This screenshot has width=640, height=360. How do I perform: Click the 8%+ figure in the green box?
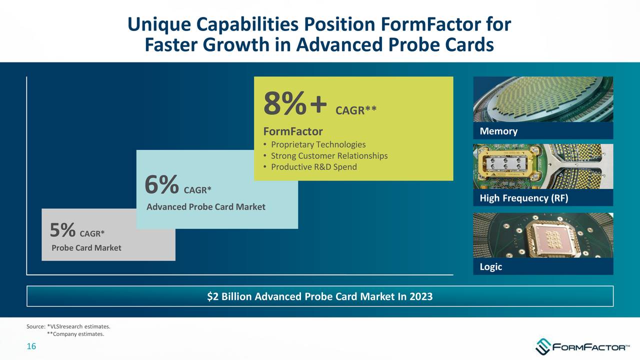tap(295, 105)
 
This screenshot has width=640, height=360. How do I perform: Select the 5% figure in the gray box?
tap(63, 230)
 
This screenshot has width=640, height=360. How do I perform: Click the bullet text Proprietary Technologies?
tap(318, 144)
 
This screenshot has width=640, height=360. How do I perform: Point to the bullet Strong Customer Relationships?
tap(329, 155)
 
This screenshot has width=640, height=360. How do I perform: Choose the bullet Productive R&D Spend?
tap(313, 166)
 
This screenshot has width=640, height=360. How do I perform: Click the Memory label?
tap(498, 131)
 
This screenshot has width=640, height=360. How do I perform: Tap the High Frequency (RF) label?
tap(523, 198)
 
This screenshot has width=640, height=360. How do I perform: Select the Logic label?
tap(490, 266)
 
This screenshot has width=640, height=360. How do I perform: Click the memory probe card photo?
tap(543, 99)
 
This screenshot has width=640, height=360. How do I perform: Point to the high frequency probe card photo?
tap(543, 166)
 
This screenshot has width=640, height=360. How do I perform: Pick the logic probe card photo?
tap(543, 235)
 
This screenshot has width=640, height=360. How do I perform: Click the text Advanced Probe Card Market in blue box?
tap(205, 207)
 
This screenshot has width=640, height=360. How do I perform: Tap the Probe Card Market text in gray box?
tap(86, 248)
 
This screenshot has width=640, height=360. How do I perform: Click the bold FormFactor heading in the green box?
tap(293, 131)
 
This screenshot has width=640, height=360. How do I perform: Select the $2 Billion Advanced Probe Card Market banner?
tap(320, 296)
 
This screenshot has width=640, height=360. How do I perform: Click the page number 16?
tap(31, 347)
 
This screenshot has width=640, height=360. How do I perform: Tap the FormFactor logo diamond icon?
tap(542, 346)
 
